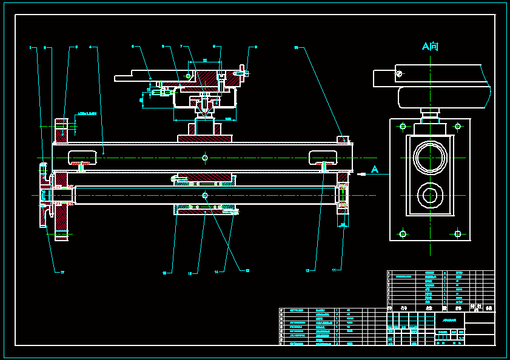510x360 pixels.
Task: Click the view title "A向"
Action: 430,47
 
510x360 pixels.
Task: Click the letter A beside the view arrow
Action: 375,170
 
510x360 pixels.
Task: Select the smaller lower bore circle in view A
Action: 430,195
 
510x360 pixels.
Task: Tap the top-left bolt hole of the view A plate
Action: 403,127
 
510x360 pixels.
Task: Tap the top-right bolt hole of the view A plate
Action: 458,127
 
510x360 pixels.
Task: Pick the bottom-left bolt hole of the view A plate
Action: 403,233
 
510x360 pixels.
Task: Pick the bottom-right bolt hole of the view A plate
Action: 458,233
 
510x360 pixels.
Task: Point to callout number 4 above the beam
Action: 90,47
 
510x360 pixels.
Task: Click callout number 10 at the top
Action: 297,47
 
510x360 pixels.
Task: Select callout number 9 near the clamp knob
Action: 255,47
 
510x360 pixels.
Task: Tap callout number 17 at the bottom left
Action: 62,273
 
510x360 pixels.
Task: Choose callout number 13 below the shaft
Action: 247,270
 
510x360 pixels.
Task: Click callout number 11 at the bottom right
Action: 334,269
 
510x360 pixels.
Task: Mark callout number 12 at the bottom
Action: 308,270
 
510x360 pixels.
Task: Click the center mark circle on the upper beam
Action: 205,158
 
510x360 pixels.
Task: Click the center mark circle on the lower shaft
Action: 205,195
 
